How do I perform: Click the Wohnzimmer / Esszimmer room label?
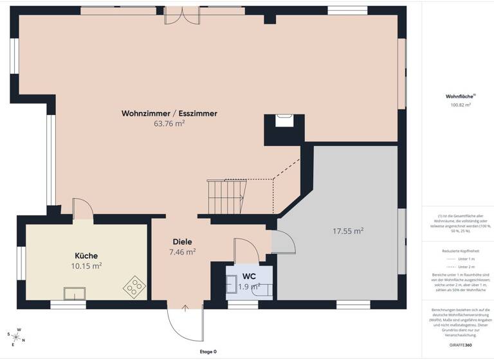pos(169,113)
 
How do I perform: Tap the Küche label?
pos(86,255)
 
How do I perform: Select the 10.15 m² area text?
pos(86,265)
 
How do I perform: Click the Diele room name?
pos(183,242)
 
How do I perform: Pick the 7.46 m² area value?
pos(183,252)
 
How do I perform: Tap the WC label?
pos(250,276)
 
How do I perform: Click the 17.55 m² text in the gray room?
pos(348,230)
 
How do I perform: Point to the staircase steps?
pos(226,196)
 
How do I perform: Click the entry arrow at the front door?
pos(185,309)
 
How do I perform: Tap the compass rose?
pos(15,336)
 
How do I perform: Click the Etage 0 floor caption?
pos(208,352)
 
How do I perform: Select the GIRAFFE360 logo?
pos(459,346)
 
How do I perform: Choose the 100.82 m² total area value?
pos(459,104)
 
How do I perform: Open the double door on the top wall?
pos(183,15)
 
